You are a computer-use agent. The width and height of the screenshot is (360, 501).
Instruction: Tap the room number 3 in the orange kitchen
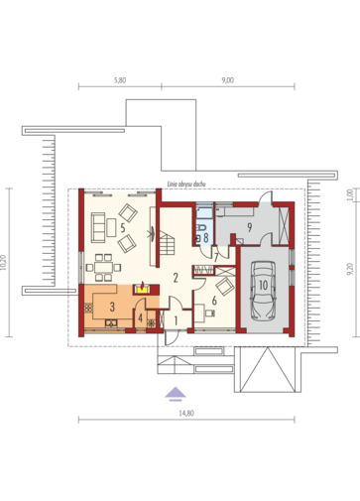[113, 309]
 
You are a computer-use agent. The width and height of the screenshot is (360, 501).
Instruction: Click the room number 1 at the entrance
[177, 320]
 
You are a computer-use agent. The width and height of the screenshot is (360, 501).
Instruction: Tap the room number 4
[142, 318]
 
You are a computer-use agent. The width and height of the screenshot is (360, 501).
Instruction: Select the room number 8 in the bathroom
[205, 238]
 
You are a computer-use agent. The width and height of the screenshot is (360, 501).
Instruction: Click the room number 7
[216, 257]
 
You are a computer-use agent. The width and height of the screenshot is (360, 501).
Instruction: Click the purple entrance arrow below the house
[175, 390]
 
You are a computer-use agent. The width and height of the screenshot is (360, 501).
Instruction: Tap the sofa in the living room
[100, 225]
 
